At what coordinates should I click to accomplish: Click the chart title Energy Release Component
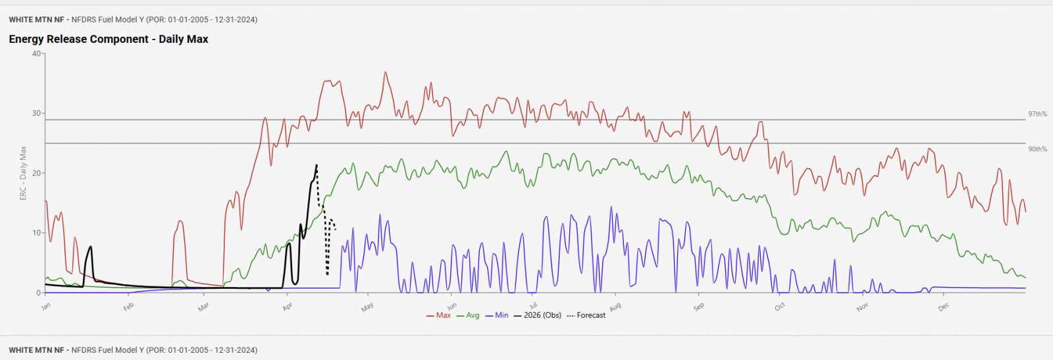109,39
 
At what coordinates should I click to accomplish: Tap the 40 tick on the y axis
36,54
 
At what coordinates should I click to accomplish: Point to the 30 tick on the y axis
36,113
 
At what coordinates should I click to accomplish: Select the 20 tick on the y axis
36,173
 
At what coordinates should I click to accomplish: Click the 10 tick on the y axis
36,233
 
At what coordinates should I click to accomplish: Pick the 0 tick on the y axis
39,293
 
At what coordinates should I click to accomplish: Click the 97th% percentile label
1037,115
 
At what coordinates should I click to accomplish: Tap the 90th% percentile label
1037,149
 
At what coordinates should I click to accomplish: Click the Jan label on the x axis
46,306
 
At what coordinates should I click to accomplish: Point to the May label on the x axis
367,307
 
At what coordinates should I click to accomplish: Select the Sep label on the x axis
698,307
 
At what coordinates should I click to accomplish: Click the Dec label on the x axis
944,307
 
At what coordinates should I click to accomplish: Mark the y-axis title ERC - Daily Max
23,173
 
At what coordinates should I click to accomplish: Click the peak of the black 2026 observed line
317,165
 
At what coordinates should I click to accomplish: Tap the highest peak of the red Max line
386,72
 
